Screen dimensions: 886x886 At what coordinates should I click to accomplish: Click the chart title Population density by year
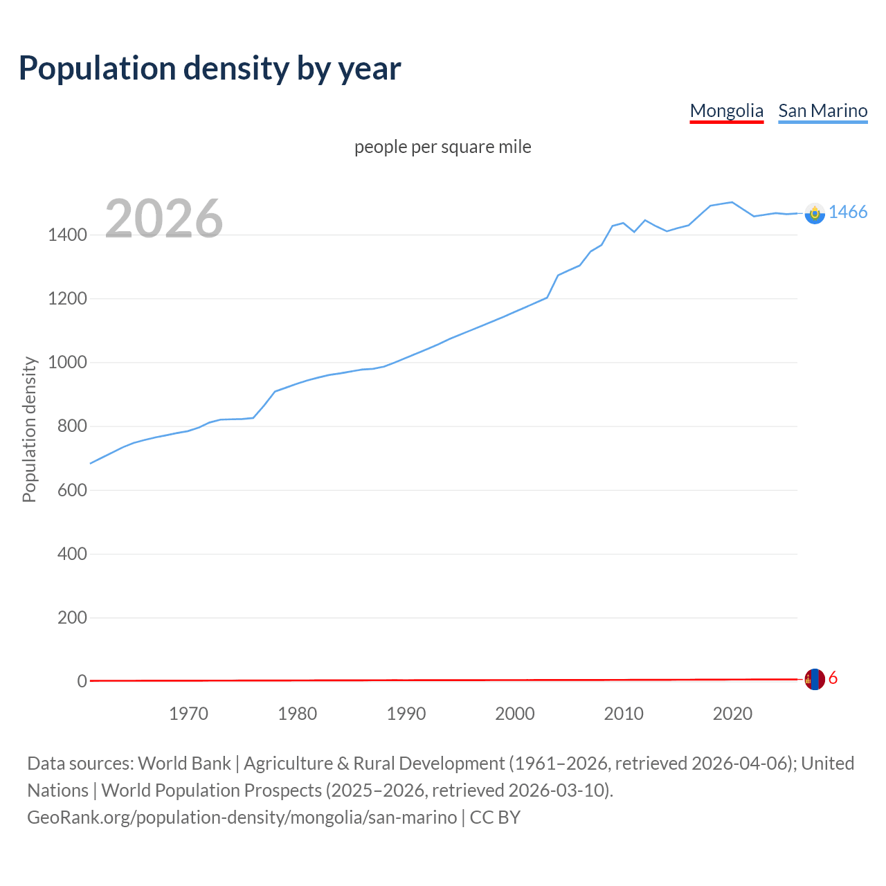tap(210, 69)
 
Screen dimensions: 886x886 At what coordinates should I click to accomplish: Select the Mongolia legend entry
tap(726, 111)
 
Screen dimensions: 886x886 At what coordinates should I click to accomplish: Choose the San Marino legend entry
tap(822, 111)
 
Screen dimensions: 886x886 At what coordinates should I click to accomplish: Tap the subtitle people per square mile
tap(442, 147)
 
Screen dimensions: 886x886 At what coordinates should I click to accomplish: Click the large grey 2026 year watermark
tap(164, 219)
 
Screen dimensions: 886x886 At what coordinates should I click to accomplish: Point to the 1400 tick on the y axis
tap(67, 235)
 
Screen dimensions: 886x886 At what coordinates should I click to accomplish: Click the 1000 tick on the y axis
tap(67, 363)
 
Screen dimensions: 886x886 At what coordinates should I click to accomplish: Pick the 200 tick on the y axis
tap(72, 617)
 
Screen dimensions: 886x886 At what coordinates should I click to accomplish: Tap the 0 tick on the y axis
tap(82, 682)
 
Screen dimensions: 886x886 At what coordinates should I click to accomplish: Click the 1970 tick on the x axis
tap(188, 714)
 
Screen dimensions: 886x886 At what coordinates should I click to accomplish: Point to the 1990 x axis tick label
tap(406, 714)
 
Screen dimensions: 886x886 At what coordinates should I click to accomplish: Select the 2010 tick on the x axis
tap(624, 714)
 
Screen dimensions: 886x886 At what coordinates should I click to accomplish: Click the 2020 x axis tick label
tap(732, 714)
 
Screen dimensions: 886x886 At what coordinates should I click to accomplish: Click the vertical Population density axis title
tap(29, 429)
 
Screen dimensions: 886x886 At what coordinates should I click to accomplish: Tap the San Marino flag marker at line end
tap(815, 213)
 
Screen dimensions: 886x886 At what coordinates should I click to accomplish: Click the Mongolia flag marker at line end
tap(815, 679)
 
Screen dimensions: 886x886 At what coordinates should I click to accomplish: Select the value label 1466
tap(848, 213)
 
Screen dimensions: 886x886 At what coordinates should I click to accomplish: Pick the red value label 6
tap(833, 678)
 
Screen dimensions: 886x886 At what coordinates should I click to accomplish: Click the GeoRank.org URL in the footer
tap(242, 817)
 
